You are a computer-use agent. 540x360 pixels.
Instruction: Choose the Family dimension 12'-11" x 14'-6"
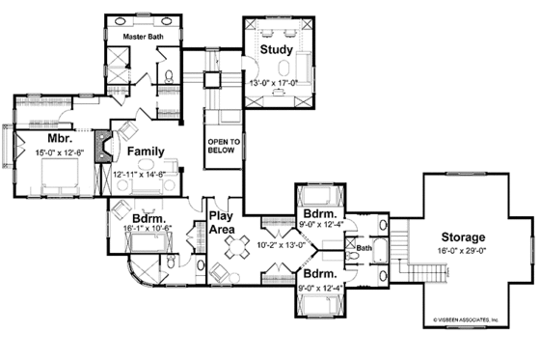[x=141, y=174]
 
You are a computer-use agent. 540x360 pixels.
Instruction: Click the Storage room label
[x=465, y=236]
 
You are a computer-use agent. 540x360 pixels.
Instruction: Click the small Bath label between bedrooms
[x=364, y=248]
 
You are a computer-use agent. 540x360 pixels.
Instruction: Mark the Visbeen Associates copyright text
[x=466, y=318]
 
